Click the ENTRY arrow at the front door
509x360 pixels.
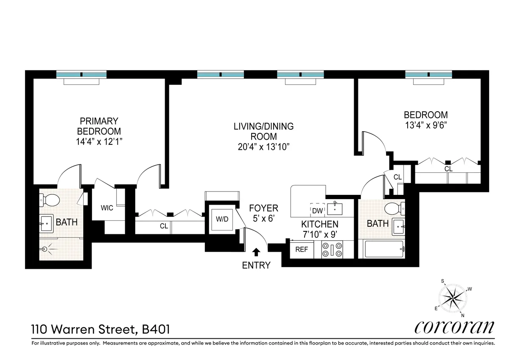coord(256,253)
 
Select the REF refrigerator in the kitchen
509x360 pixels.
coord(302,250)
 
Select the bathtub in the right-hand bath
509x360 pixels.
coord(383,250)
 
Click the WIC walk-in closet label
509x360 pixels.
coord(106,208)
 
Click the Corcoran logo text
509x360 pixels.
coord(454,327)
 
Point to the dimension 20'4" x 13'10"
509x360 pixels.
coord(263,147)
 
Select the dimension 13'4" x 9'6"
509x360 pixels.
coord(425,125)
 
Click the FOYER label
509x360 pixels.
coord(263,208)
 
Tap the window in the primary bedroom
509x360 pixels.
coord(81,75)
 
